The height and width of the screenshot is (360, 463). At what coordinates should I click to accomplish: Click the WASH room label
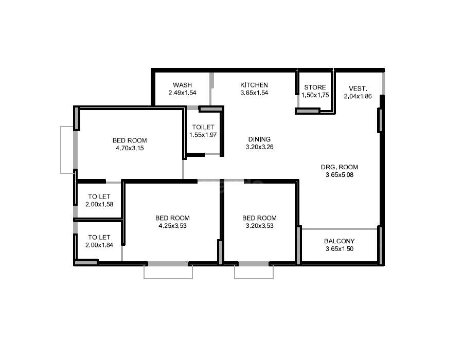[183, 85]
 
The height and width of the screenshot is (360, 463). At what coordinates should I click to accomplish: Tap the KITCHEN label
[254, 85]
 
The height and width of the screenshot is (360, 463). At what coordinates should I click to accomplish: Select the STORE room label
[315, 87]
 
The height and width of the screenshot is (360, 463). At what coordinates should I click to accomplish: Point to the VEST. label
[358, 88]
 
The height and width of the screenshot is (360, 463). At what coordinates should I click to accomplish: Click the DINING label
[259, 139]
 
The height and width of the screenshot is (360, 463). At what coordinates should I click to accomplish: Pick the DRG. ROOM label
[340, 167]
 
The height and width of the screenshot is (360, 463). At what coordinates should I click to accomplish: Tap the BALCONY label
[339, 241]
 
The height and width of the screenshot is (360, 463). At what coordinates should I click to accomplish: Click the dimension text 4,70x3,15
[130, 148]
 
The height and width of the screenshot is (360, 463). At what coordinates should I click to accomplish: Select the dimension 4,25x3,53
[172, 225]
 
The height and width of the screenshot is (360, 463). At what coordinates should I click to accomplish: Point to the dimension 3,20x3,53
[259, 225]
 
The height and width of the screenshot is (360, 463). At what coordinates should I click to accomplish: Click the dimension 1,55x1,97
[204, 135]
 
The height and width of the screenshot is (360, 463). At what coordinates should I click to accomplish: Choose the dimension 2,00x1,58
[99, 204]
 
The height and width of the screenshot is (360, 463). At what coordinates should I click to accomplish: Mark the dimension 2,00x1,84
[99, 245]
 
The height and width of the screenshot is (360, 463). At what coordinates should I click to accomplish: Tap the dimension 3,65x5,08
[340, 174]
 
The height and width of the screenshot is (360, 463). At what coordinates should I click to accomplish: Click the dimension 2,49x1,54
[183, 93]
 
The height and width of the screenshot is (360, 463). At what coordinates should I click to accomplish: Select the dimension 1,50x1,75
[315, 95]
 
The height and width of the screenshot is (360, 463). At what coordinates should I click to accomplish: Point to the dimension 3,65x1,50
[339, 249]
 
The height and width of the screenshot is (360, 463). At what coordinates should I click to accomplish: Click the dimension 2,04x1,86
[358, 96]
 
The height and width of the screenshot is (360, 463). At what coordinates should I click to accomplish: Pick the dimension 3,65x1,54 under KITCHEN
[254, 93]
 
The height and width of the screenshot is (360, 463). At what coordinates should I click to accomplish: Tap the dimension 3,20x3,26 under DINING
[259, 147]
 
